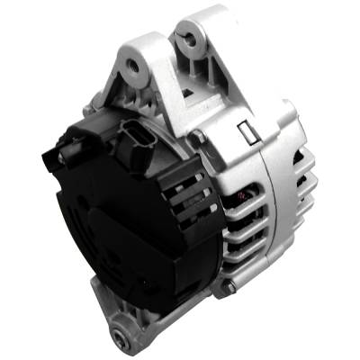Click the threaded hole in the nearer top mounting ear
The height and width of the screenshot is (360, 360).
click(x=134, y=65)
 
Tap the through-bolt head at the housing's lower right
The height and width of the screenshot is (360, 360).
click(x=230, y=286)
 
